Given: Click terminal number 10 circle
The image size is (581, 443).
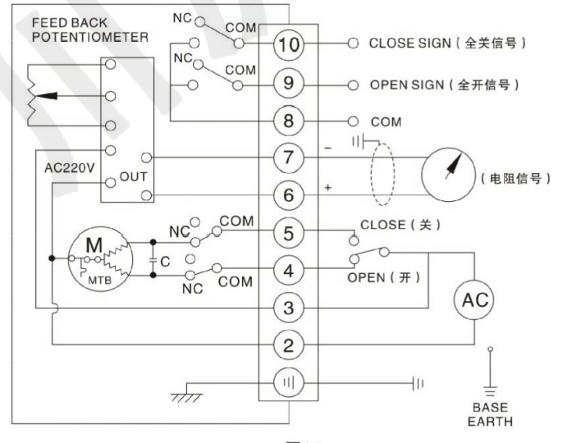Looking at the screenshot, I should click(288, 44).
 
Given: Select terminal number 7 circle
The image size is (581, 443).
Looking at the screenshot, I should click(288, 158).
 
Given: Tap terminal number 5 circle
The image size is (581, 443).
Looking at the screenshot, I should click(288, 233).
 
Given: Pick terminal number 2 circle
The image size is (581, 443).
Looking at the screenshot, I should click(288, 345).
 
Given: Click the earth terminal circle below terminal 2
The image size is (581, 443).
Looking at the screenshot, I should click(288, 383).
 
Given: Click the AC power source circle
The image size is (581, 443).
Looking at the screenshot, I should click(474, 299).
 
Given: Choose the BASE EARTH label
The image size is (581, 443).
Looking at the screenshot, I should click(490, 413).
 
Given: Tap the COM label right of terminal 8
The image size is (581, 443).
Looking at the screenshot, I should click(386, 121).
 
